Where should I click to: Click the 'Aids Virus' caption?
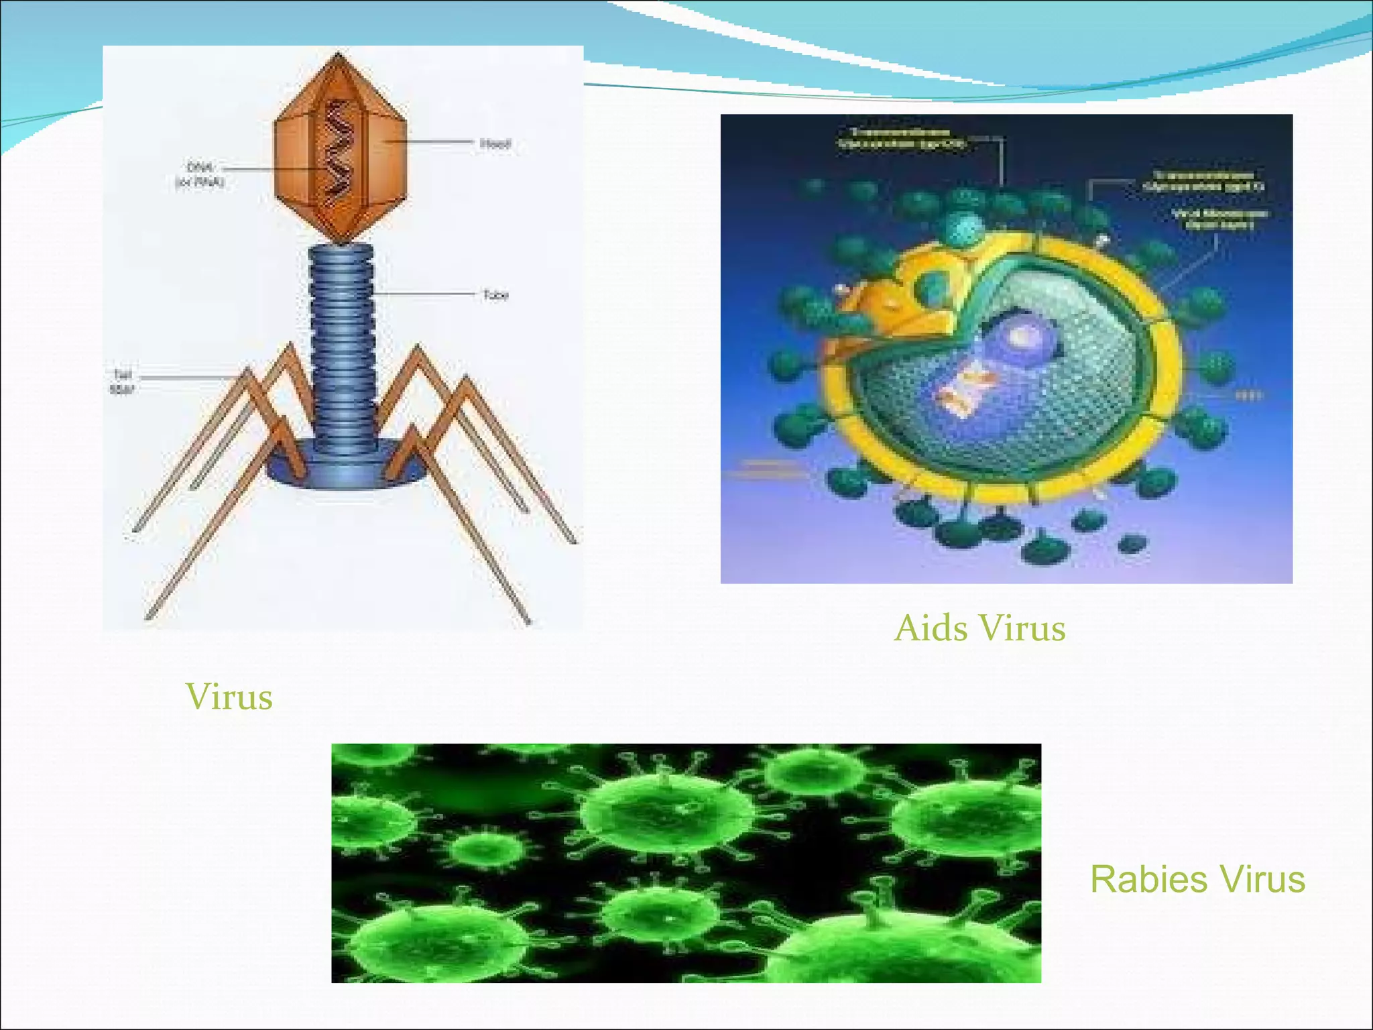point(979,629)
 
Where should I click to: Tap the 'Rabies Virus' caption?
point(1197,879)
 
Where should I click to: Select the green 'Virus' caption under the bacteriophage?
point(229,697)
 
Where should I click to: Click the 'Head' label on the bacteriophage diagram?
point(495,144)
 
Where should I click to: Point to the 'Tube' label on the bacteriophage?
point(495,295)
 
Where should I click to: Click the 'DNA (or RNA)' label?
point(200,174)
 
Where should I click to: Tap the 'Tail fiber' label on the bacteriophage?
point(121,382)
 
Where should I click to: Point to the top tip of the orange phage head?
point(339,55)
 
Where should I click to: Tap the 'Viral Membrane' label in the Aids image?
point(1219,219)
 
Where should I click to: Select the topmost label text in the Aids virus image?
point(902,137)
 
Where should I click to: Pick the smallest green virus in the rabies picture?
point(484,849)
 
